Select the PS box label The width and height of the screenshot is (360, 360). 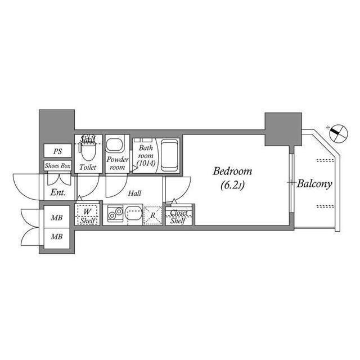[58, 151]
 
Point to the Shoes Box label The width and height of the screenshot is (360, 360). [58, 166]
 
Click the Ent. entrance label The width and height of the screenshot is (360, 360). [58, 192]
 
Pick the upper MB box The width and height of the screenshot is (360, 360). [57, 218]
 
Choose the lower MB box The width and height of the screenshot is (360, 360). [57, 237]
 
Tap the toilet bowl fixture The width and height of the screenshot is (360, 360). [87, 151]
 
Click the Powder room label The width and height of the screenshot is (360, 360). [118, 163]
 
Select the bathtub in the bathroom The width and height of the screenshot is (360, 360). [169, 155]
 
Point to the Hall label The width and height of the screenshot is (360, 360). [134, 193]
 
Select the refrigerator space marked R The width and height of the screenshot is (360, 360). [152, 214]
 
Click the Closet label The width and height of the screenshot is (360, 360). [179, 213]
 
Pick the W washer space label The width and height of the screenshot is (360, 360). [87, 212]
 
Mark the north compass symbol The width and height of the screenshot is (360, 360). [336, 133]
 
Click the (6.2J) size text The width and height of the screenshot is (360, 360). [231, 183]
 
